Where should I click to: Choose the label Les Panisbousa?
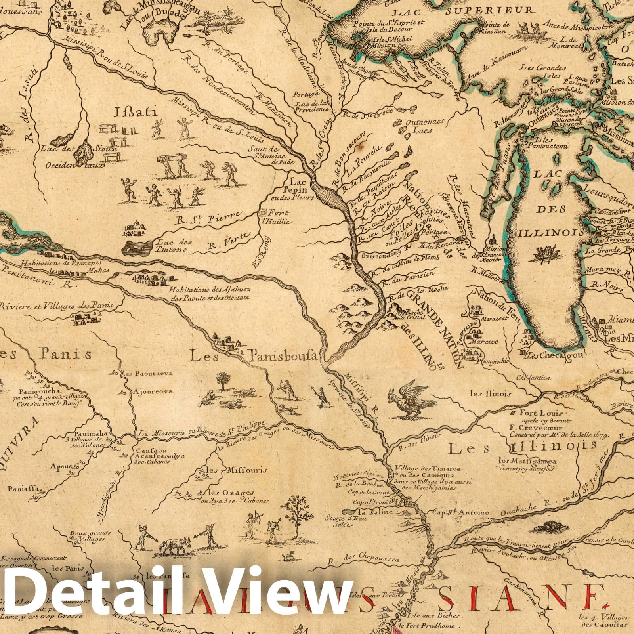coord(254,357)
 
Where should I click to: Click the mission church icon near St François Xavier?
coord(493,240)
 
